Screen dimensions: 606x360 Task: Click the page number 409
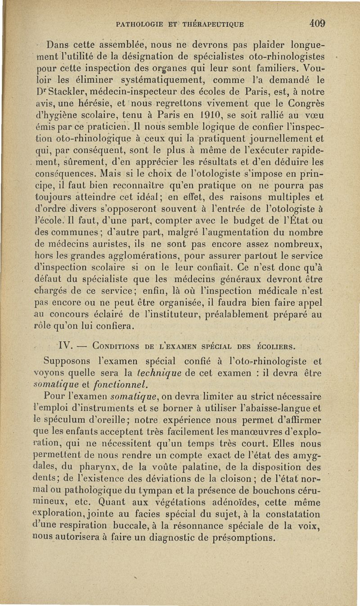point(317,23)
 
